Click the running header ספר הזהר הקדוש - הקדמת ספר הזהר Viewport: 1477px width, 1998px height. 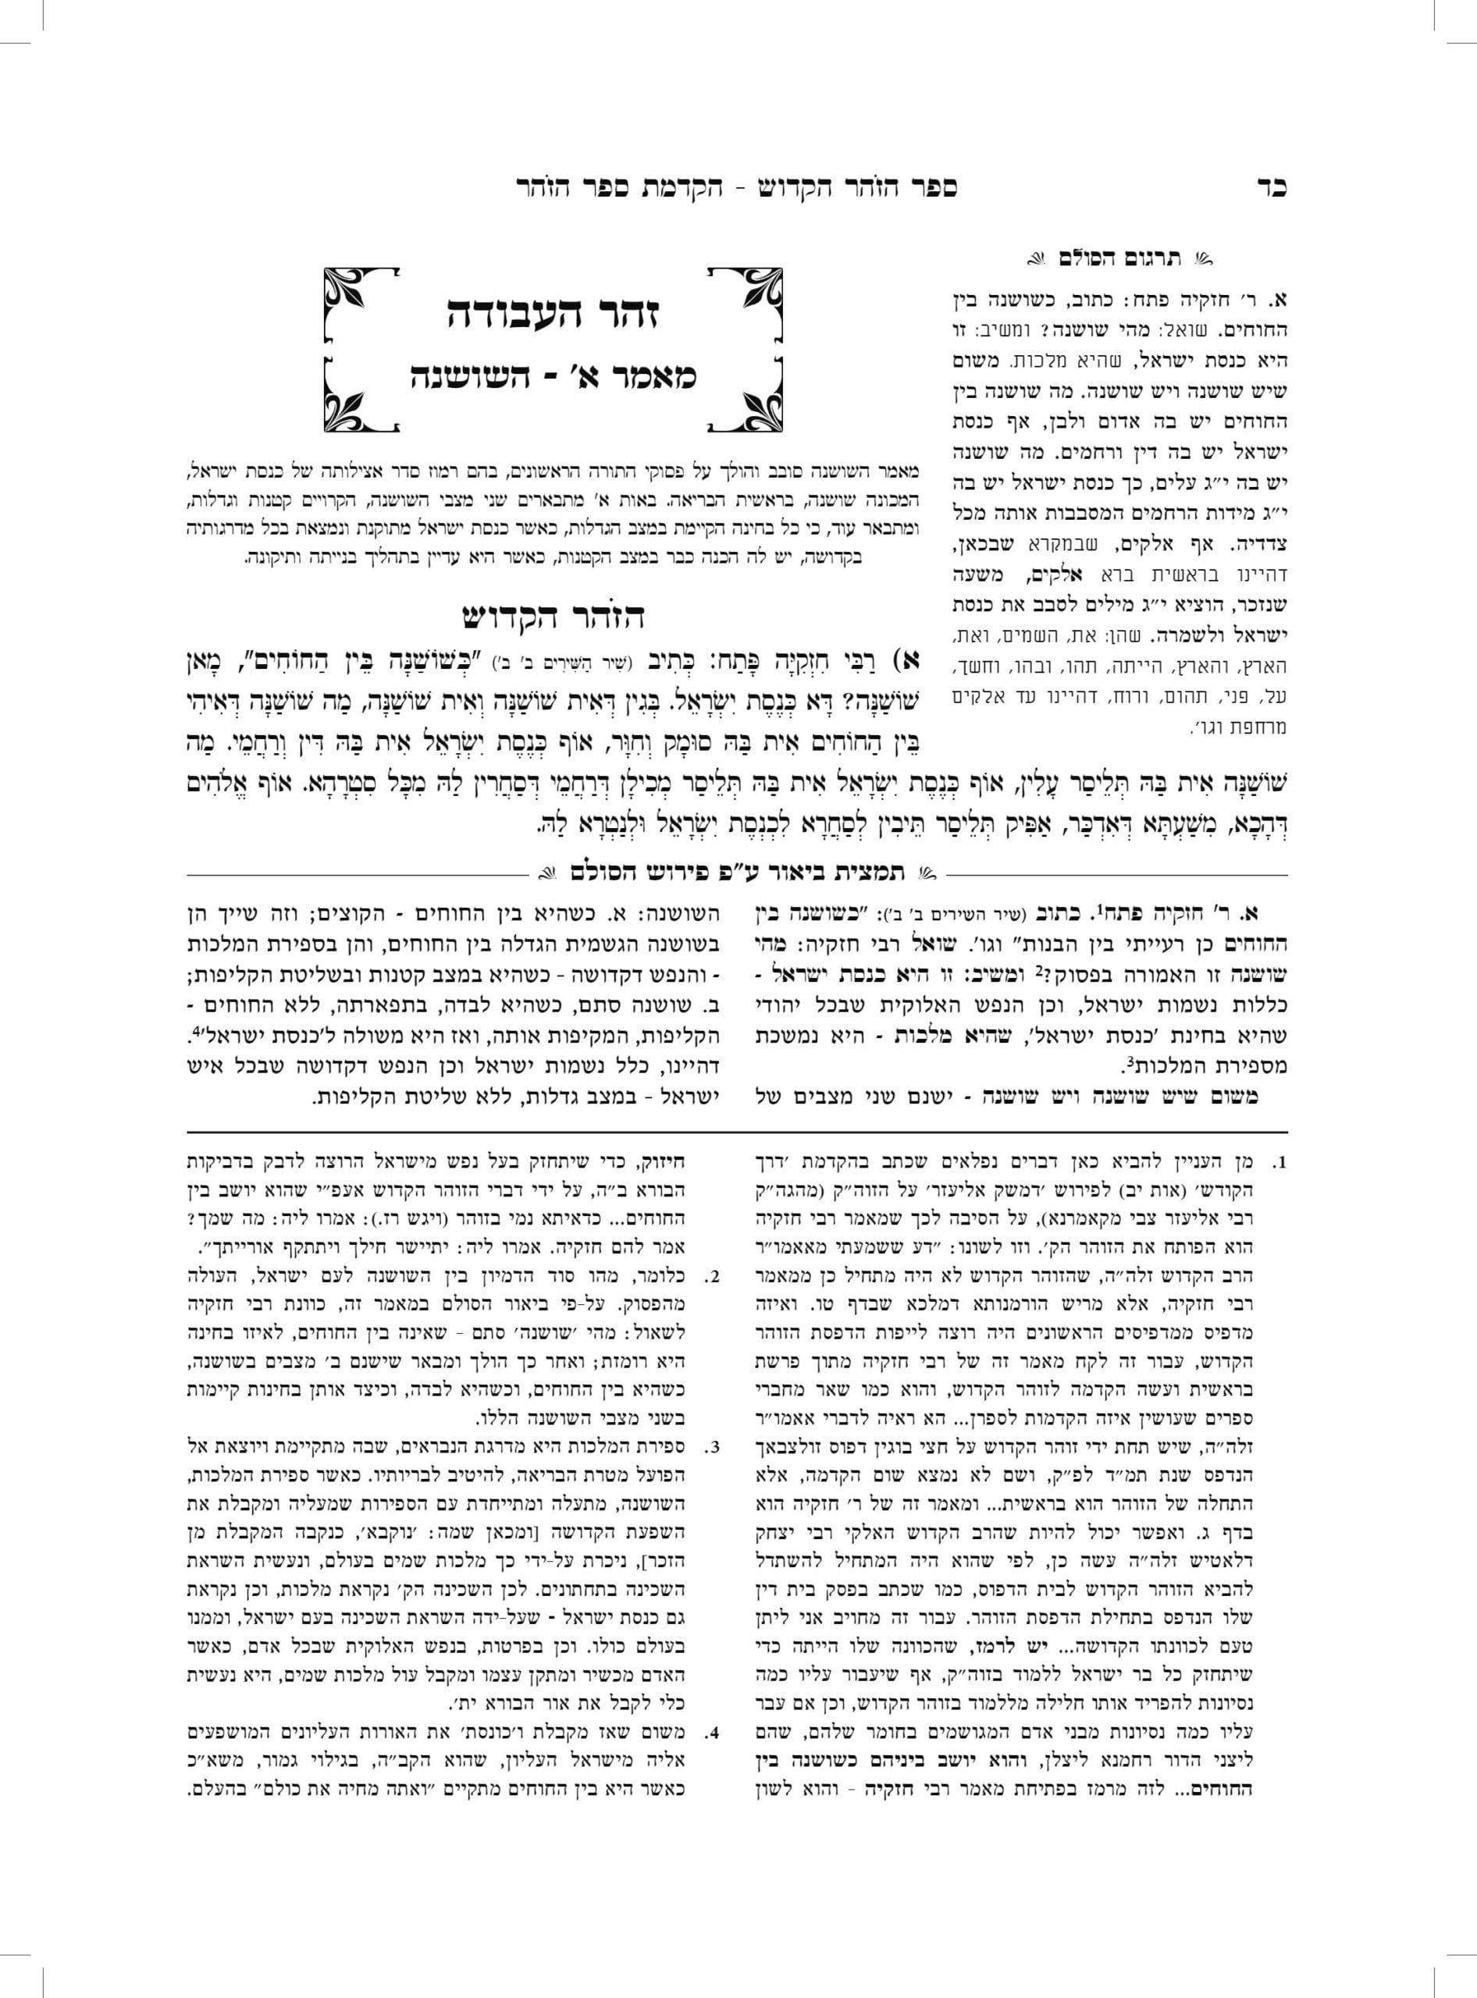click(x=737, y=188)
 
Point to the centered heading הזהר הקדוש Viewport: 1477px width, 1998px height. click(x=554, y=616)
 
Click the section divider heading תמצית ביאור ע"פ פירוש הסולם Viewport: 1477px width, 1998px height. click(x=738, y=869)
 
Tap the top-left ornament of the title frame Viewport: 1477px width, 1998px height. click(x=344, y=288)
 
